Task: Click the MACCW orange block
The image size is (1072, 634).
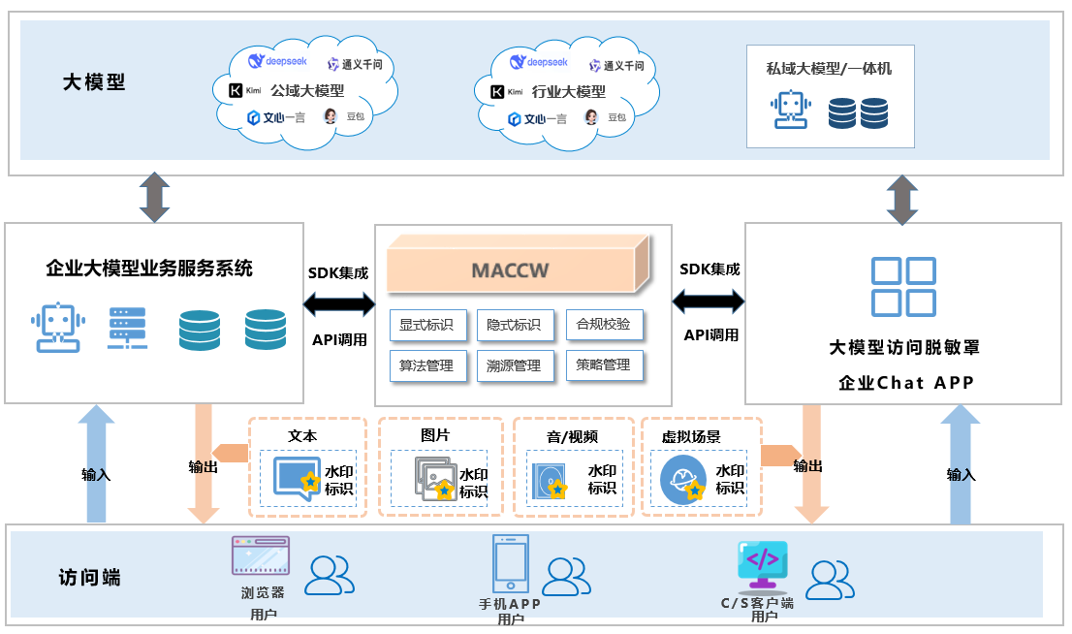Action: [510, 269]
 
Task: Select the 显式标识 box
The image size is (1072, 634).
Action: [427, 325]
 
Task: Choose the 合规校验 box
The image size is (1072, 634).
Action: [604, 325]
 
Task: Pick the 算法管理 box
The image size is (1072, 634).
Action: [427, 365]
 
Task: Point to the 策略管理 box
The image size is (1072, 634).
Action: [604, 365]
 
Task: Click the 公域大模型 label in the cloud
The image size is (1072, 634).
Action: [307, 91]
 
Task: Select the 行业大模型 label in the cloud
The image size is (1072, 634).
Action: [569, 91]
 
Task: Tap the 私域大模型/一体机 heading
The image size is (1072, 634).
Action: [829, 69]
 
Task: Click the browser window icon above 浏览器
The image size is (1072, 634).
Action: [260, 556]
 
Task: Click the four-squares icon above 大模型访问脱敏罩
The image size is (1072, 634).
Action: [903, 287]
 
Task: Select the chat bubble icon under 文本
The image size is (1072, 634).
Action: [297, 476]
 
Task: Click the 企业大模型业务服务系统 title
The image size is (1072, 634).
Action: [149, 269]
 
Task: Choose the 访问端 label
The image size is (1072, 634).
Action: [89, 578]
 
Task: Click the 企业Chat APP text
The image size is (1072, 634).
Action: [905, 383]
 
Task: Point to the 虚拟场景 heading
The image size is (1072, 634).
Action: [691, 437]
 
